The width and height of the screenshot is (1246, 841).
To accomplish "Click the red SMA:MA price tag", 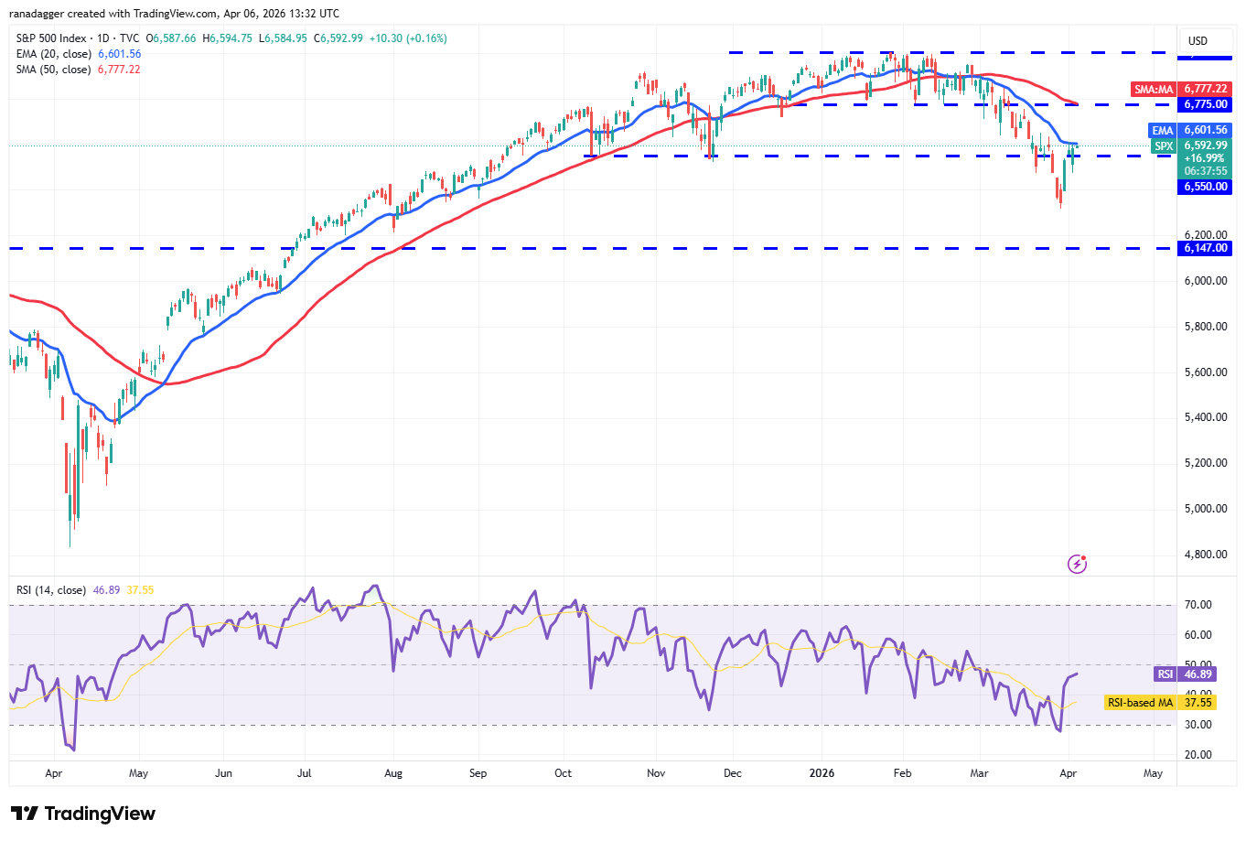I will click(x=1154, y=89).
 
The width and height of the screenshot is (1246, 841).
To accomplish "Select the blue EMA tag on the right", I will click(x=1162, y=130).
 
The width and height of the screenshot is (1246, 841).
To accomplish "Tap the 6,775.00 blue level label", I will click(x=1206, y=104).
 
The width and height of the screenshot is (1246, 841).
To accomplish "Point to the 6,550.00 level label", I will click(x=1206, y=187).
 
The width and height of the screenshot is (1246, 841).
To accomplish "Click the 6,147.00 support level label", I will click(x=1206, y=248).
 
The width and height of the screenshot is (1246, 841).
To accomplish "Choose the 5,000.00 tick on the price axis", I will click(x=1206, y=509).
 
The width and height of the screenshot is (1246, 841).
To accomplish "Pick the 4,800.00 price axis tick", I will click(x=1206, y=555).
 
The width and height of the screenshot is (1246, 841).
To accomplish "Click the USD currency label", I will click(x=1198, y=40).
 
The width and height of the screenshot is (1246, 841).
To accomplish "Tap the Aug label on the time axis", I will click(x=393, y=773).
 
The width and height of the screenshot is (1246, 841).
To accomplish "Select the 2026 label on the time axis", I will click(x=822, y=773).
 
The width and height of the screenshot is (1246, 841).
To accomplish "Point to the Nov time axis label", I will click(x=656, y=773).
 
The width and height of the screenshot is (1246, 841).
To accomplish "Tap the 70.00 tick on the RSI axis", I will click(x=1198, y=605).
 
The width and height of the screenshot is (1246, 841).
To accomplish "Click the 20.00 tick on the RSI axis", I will click(x=1198, y=755).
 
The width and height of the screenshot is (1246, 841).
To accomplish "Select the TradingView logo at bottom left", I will click(x=83, y=814).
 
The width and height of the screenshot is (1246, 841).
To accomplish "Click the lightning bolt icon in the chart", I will click(x=1078, y=564).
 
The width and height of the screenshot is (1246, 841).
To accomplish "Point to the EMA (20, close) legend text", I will click(x=53, y=54).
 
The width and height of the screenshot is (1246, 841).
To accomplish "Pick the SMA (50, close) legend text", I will click(x=53, y=70).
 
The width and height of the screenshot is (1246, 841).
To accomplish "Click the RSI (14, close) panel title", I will click(x=51, y=590).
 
